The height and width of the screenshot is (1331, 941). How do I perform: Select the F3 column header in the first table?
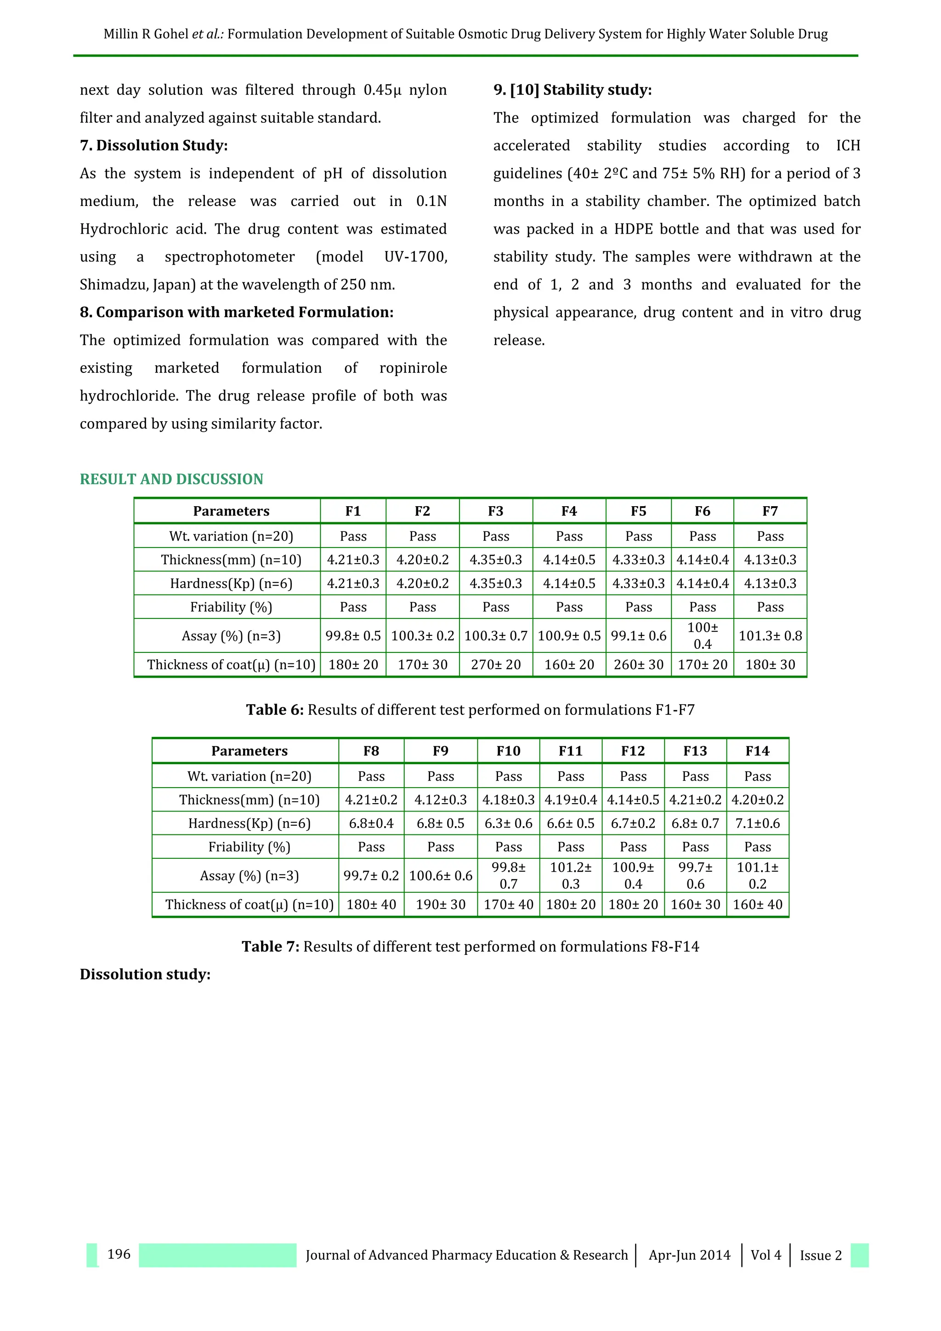495,511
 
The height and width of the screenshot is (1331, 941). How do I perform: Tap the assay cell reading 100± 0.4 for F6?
702,635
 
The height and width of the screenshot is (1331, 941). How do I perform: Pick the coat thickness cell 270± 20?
495,664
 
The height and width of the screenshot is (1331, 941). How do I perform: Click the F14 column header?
757,751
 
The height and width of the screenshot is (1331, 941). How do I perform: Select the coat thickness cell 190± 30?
440,904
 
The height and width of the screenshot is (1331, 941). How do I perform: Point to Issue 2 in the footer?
821,1255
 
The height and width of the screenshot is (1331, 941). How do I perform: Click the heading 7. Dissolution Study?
153,145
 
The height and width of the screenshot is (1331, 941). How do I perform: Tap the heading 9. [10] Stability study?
573,90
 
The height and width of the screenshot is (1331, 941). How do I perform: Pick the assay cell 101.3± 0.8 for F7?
770,635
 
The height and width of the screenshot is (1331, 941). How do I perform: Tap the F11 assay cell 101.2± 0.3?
571,875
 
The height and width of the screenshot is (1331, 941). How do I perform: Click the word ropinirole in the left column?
413,368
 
